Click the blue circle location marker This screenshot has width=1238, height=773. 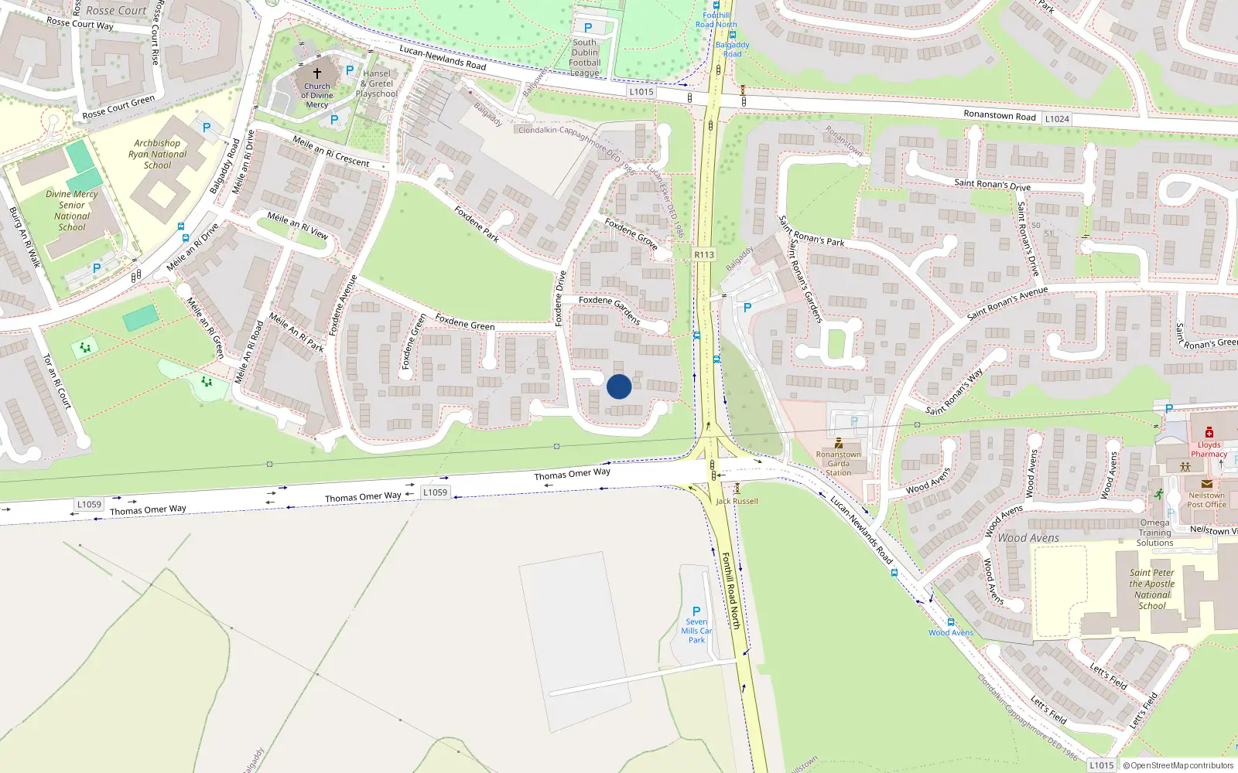click(x=619, y=386)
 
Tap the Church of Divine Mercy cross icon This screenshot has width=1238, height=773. click(x=317, y=73)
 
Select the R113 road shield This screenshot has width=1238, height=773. click(x=704, y=254)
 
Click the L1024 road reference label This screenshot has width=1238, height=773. click(x=1057, y=119)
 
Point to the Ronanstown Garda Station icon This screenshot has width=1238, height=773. click(x=839, y=443)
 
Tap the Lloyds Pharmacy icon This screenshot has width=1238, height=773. click(x=1209, y=432)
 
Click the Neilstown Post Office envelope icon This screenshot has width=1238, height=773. click(x=1206, y=484)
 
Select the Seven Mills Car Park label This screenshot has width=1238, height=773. click(x=696, y=631)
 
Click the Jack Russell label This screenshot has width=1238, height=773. click(x=737, y=501)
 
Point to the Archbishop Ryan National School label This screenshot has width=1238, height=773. click(x=158, y=154)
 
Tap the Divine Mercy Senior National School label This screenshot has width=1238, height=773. click(x=72, y=211)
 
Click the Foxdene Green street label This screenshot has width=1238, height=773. click(x=464, y=322)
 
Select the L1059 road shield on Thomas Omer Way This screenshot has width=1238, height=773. click(x=435, y=492)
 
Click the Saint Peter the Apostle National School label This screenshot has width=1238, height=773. click(x=1152, y=589)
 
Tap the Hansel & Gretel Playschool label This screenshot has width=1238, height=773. click(x=377, y=83)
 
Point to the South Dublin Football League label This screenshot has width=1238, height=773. click(x=585, y=58)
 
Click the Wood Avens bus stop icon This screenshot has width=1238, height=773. click(x=951, y=622)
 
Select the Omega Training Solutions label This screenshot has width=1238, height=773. click(x=1154, y=533)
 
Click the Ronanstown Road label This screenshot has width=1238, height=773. click(x=1000, y=115)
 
